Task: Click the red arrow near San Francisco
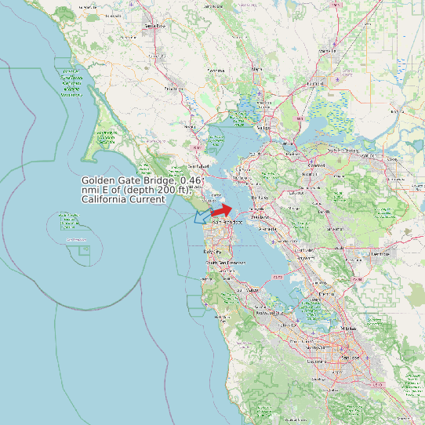[222, 210]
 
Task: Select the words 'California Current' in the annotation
[123, 199]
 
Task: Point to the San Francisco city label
[225, 222]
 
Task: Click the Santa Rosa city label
[154, 26]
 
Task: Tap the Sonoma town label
[216, 71]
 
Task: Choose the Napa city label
[256, 68]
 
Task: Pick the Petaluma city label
[173, 89]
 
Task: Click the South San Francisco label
[222, 262]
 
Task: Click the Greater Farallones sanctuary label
[71, 83]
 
